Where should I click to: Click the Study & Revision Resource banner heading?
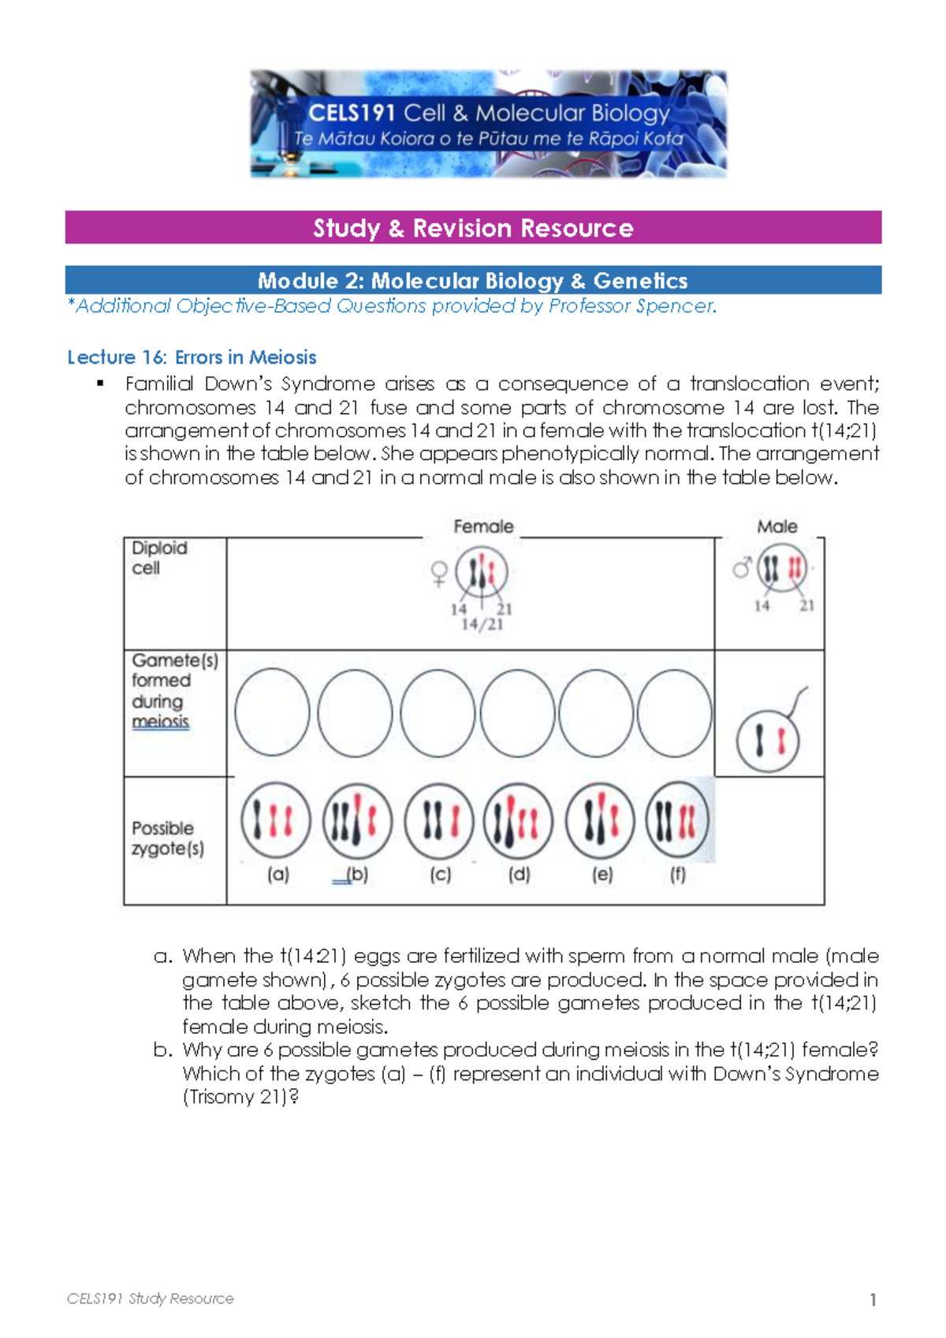pos(473,228)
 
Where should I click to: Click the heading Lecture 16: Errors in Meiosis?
pos(192,357)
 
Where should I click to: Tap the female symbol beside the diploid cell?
pos(439,573)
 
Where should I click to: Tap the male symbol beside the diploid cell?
pos(741,567)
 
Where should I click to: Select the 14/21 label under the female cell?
pos(482,625)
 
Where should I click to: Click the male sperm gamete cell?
pos(767,741)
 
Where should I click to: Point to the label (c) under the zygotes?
pos(440,874)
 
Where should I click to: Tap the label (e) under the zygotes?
pos(602,874)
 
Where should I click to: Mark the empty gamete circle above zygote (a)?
pos(272,712)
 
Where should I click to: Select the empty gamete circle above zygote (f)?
pos(674,712)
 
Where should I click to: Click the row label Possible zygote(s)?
pos(167,838)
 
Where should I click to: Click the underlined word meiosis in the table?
pos(160,722)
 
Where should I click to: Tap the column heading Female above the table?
pos(483,526)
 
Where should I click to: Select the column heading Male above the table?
pos(777,526)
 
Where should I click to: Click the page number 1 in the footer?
pos(873,1299)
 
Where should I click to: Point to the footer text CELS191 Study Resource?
pos(150,1299)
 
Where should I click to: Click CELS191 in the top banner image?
pos(351,113)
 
